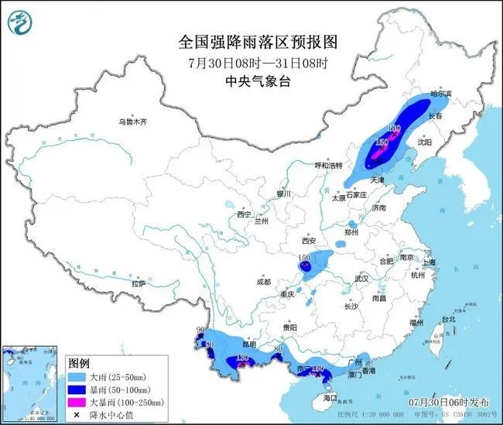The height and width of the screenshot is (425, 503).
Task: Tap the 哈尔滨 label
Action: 440,93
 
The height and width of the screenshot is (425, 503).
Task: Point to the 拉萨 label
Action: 139,283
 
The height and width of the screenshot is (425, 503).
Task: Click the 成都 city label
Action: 263,282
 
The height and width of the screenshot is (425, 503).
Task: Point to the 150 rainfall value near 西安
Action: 304,257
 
